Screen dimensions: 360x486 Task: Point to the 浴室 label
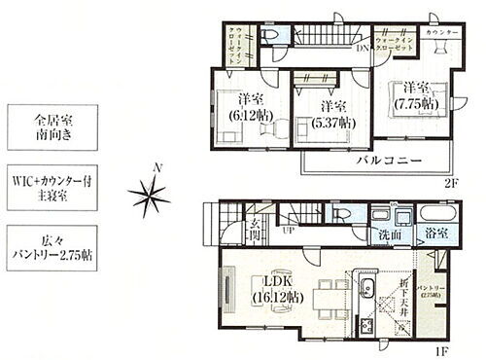(434, 234)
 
